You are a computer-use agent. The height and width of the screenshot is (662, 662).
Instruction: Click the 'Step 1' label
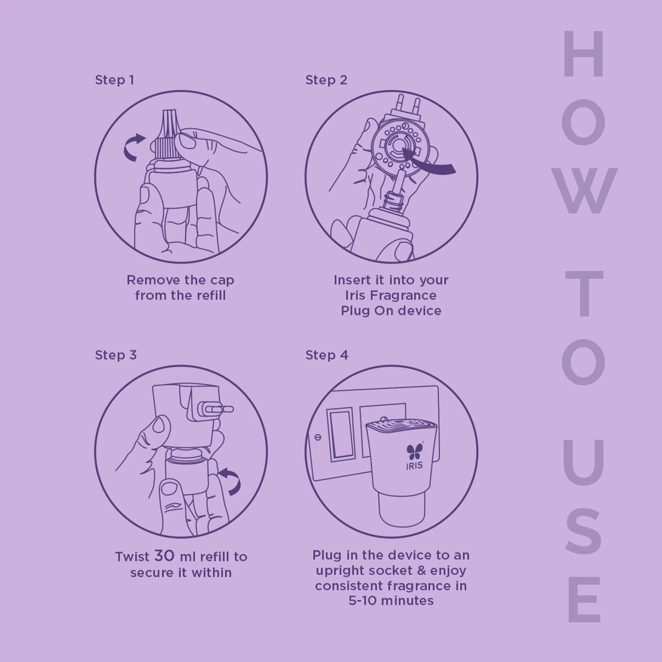click(x=115, y=80)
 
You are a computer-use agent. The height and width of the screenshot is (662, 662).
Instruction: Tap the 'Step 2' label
click(x=326, y=80)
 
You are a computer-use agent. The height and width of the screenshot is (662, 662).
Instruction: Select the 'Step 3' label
click(x=116, y=355)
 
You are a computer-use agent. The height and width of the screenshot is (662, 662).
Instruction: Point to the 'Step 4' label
click(x=327, y=355)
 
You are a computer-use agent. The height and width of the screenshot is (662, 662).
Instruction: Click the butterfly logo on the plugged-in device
click(x=415, y=451)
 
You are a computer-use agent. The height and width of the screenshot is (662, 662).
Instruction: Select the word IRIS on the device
click(x=414, y=466)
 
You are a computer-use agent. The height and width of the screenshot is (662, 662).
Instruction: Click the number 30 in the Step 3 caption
click(x=165, y=556)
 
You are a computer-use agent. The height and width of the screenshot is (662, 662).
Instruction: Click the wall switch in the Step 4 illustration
click(x=341, y=435)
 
